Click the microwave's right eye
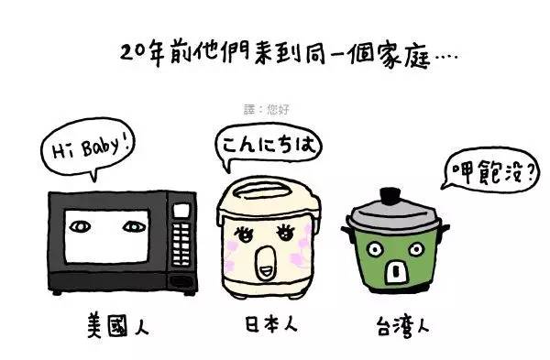coord(133,224)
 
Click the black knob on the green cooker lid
coord(391,195)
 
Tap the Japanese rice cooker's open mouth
coord(264,268)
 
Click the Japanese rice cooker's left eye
coord(241,234)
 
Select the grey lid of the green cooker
coord(391,216)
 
